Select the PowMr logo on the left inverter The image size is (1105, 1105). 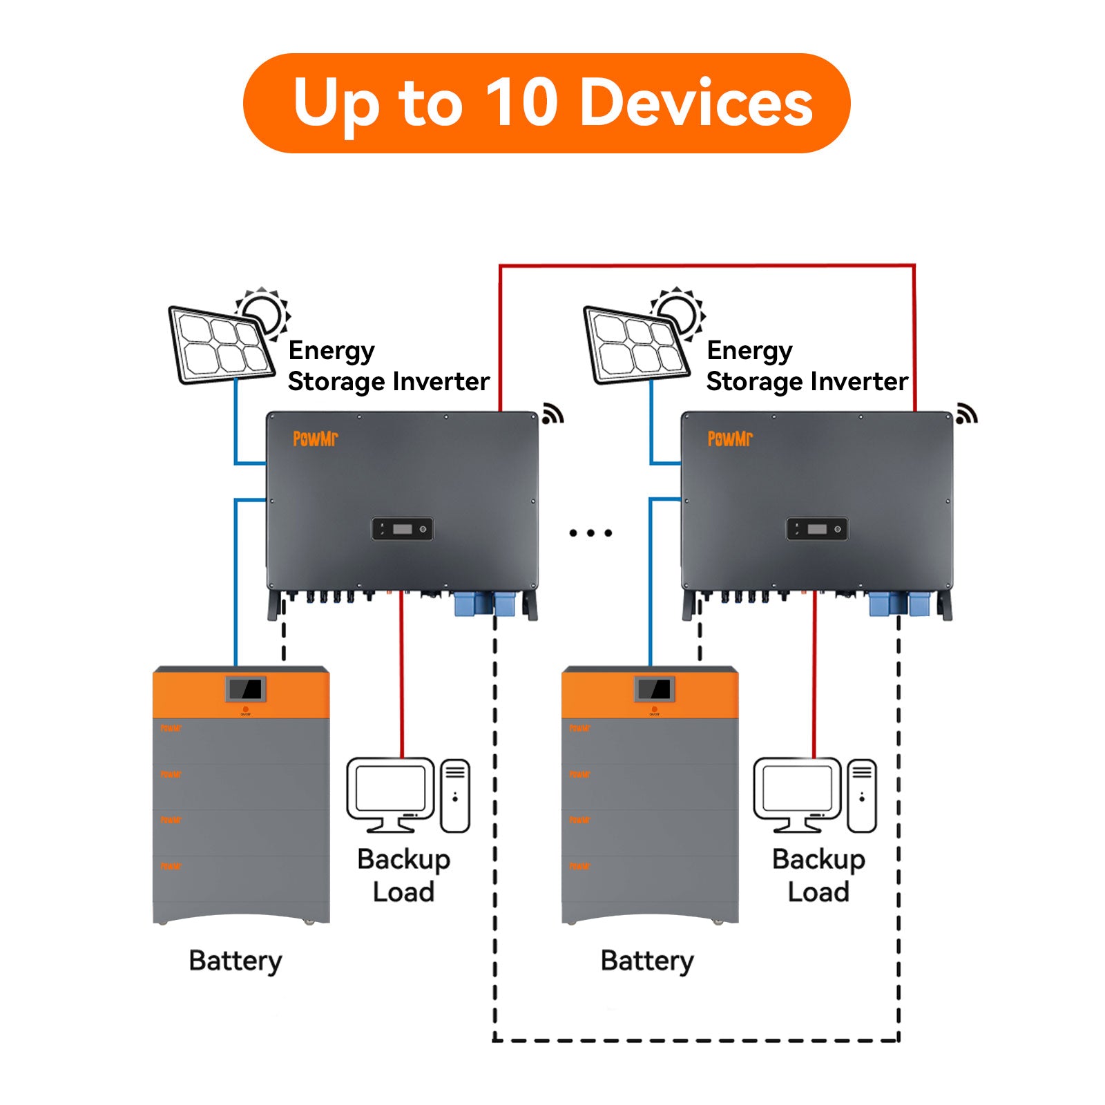click(315, 439)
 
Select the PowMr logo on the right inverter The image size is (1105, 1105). click(730, 439)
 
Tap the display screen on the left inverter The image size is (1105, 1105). click(403, 529)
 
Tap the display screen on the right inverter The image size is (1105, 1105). click(817, 529)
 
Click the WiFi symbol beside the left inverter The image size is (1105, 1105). click(552, 414)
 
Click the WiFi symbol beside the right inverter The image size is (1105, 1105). click(966, 414)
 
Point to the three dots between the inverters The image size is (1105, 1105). click(590, 533)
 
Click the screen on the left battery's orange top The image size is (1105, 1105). click(245, 689)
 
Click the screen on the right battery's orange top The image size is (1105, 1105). click(654, 689)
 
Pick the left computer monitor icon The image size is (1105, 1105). click(390, 793)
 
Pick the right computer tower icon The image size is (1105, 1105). click(862, 796)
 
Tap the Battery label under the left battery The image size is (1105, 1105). click(236, 961)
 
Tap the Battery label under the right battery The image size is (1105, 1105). click(647, 961)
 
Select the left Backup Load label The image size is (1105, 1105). click(403, 875)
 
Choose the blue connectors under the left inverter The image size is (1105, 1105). click(485, 604)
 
